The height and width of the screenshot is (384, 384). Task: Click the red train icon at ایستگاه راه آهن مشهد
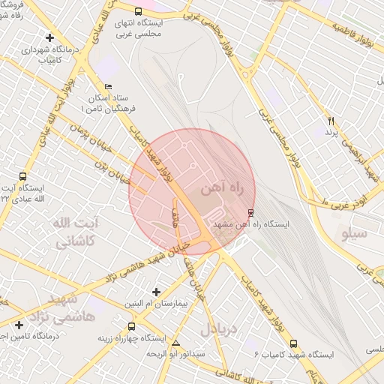coord(250,211)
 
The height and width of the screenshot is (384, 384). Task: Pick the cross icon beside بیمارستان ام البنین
coord(156,291)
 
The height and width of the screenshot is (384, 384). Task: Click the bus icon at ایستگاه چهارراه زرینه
coord(132,327)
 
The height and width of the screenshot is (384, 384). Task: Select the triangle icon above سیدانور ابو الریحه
coord(175,343)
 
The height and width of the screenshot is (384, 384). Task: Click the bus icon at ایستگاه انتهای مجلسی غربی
coord(138,11)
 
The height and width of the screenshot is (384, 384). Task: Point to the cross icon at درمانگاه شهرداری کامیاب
coord(49,37)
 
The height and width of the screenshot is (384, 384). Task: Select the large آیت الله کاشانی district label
coord(75,232)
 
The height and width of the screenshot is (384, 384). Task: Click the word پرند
coord(331,132)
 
